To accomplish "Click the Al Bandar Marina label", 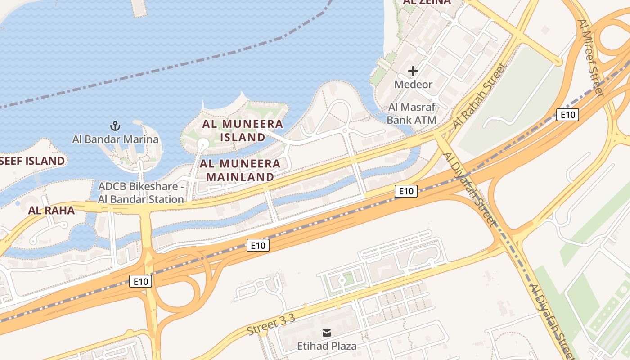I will click(x=116, y=139).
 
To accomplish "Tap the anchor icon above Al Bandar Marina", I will click(x=116, y=126).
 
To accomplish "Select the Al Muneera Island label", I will click(x=243, y=130).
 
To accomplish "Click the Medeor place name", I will click(x=413, y=84).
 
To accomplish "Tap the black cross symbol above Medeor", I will click(x=413, y=71).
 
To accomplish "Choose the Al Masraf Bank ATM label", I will click(x=412, y=114).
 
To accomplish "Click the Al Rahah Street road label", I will click(x=480, y=95).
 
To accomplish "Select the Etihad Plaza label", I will click(x=327, y=346).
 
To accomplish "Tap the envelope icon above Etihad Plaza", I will click(x=327, y=333).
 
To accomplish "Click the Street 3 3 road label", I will click(x=270, y=325).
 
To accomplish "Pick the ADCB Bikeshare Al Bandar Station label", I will click(x=141, y=193).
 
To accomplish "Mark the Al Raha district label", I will click(x=51, y=210).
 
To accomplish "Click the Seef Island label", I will click(x=32, y=161).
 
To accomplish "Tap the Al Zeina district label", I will click(x=427, y=2).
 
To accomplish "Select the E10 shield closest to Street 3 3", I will click(x=258, y=245).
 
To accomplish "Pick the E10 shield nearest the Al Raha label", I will click(x=141, y=282).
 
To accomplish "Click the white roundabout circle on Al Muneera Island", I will click(x=202, y=143).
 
